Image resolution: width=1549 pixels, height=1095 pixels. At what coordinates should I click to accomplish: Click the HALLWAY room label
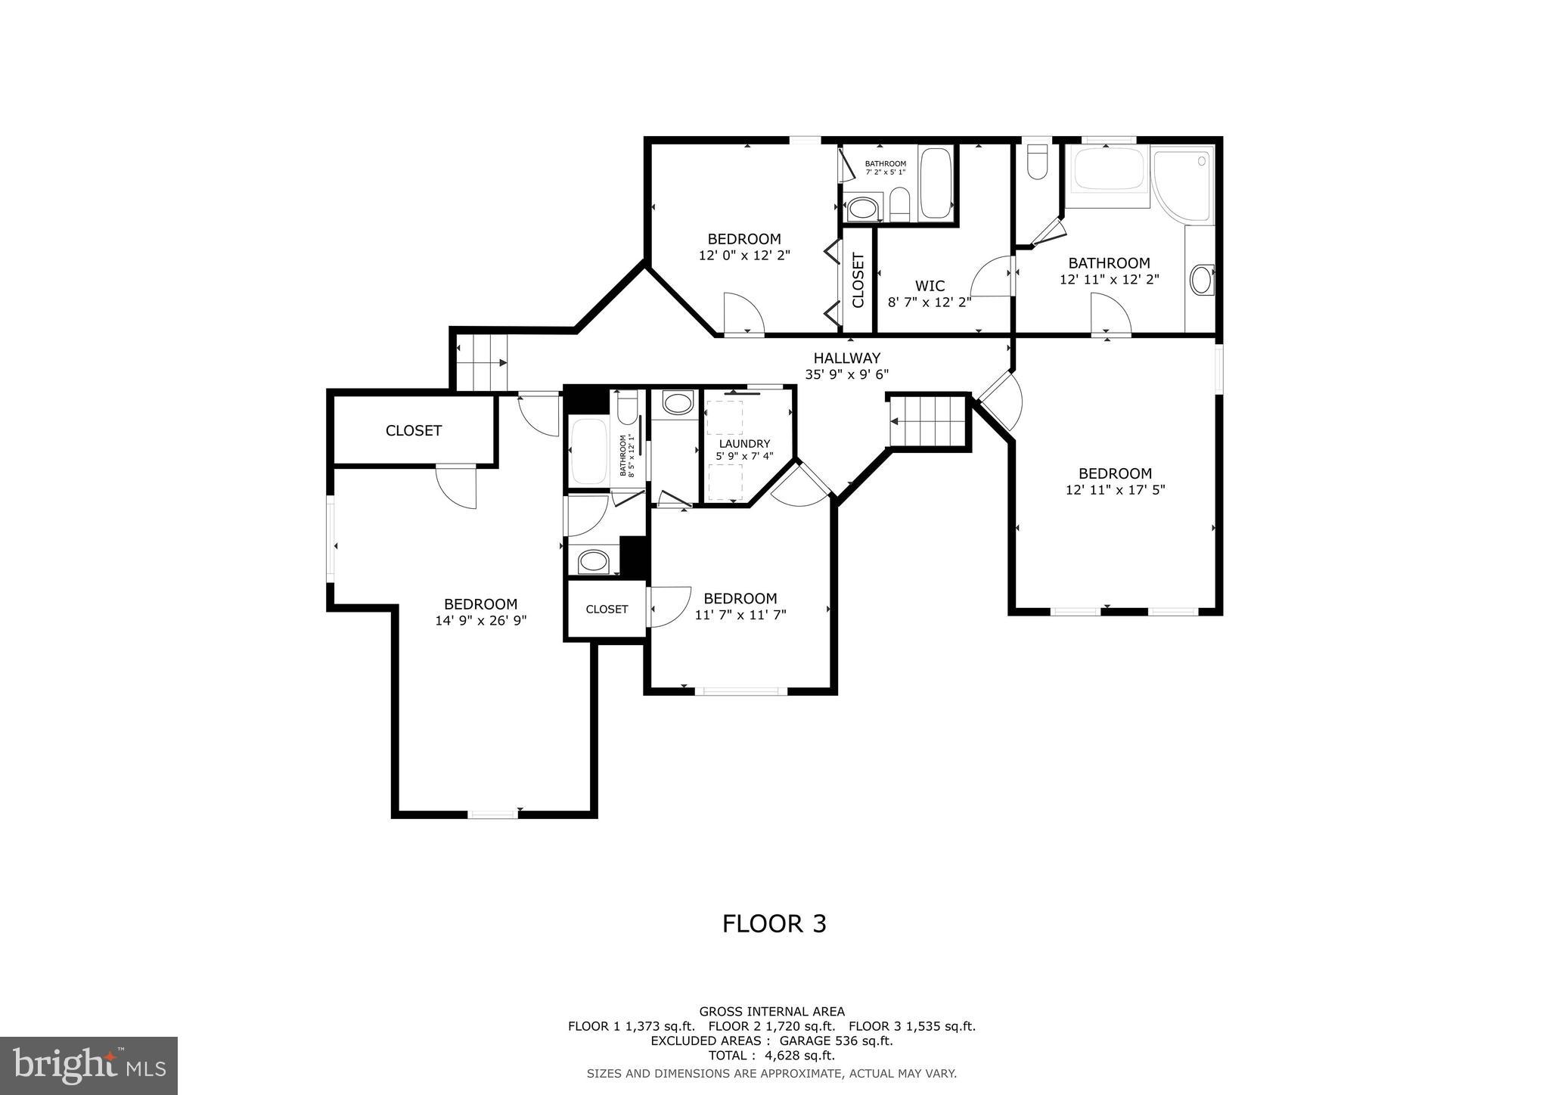pyautogui.click(x=846, y=358)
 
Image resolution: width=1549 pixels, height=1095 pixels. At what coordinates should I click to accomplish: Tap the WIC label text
pyautogui.click(x=930, y=286)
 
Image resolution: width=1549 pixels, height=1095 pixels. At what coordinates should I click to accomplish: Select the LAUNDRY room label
pyautogui.click(x=744, y=443)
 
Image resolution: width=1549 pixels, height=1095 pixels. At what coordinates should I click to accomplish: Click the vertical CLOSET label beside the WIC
pyautogui.click(x=858, y=281)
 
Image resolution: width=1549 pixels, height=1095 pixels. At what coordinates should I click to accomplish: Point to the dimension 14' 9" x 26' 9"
pyautogui.click(x=480, y=620)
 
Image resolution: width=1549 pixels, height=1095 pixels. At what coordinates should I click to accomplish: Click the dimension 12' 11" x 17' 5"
pyautogui.click(x=1115, y=489)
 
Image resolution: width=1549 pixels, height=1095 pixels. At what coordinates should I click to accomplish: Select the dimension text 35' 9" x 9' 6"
pyautogui.click(x=846, y=374)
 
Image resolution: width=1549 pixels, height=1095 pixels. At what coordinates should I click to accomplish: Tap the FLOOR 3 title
pyautogui.click(x=774, y=923)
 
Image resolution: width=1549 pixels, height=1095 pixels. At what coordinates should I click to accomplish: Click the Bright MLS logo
pyautogui.click(x=88, y=1066)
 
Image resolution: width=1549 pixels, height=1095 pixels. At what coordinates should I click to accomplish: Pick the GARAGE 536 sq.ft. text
pyautogui.click(x=841, y=1041)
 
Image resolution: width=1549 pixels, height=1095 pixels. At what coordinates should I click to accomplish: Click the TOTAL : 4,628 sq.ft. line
pyautogui.click(x=771, y=1055)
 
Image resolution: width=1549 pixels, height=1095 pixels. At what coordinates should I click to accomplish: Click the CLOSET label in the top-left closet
pyautogui.click(x=413, y=430)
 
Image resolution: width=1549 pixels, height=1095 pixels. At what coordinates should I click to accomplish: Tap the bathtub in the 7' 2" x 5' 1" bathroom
pyautogui.click(x=936, y=182)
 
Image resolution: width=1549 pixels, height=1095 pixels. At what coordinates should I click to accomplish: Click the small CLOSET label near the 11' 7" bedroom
pyautogui.click(x=607, y=609)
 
